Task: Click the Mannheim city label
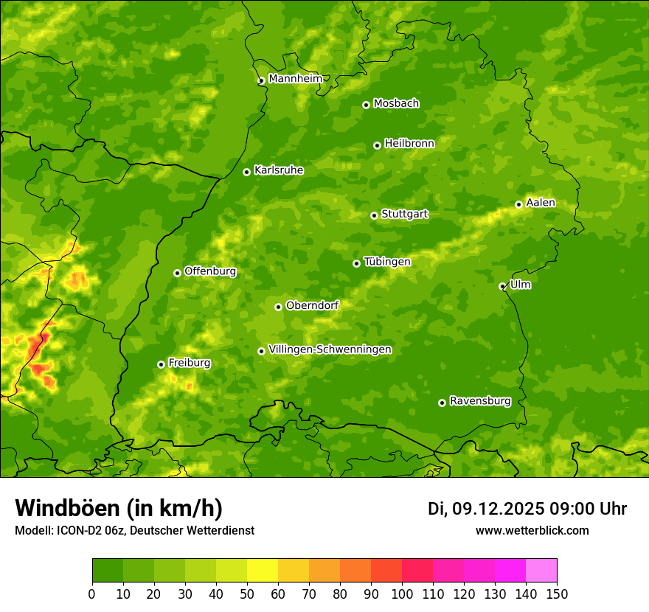295,79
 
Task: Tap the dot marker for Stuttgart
374,215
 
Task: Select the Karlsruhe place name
279,170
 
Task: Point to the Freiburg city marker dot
161,364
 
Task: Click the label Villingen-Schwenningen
330,350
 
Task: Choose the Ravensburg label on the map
480,401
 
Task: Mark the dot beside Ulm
502,286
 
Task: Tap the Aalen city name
541,203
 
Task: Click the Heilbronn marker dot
377,145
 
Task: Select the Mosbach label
396,104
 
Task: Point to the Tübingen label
387,262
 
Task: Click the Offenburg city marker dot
177,273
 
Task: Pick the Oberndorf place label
312,305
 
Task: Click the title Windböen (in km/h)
119,508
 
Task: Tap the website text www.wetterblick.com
532,530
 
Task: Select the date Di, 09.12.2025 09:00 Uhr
527,509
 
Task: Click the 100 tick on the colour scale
402,594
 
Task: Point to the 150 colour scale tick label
557,594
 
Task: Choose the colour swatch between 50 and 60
263,571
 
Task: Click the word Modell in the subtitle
32,530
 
